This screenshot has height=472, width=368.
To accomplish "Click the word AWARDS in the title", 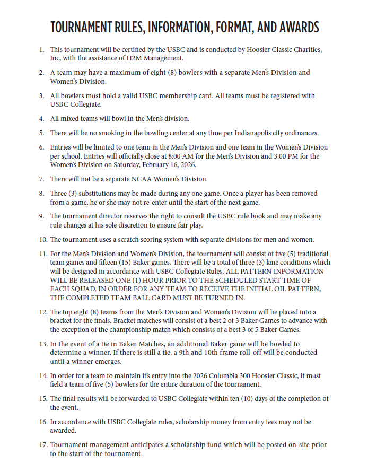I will pos(294,27).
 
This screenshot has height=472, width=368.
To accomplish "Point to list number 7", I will pos(41,179).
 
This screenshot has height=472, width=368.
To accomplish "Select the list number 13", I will pos(42,344).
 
